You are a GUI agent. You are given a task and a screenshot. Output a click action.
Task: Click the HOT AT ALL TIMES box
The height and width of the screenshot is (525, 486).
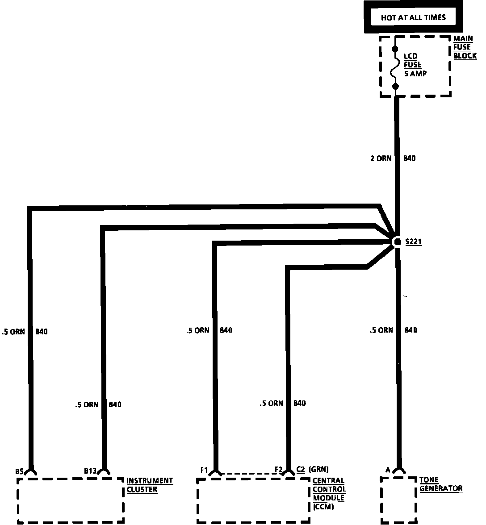tap(413, 17)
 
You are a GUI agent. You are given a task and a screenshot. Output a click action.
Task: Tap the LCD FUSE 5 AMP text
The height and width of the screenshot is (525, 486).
tap(415, 65)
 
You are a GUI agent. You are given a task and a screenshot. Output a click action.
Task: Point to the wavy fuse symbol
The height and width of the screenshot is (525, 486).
tap(395, 67)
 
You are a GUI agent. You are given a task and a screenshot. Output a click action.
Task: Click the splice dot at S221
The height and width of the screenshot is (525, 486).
tap(397, 242)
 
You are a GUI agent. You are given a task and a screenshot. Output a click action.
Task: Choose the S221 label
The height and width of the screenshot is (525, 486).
tap(414, 242)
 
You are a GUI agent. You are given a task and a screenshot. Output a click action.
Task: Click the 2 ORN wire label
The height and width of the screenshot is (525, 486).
tap(381, 158)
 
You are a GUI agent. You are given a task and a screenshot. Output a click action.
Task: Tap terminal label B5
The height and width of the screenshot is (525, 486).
tap(19, 471)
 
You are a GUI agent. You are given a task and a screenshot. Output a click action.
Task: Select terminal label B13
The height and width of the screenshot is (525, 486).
tap(90, 471)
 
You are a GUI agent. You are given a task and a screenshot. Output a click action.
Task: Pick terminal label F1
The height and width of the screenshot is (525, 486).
tap(205, 470)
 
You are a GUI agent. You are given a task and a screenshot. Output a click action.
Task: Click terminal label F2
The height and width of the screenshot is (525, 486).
tap(279, 469)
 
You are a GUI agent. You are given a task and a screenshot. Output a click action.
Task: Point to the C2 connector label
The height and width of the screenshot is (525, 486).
tap(300, 469)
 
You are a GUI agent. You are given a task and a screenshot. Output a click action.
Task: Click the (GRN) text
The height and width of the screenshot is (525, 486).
tap(318, 469)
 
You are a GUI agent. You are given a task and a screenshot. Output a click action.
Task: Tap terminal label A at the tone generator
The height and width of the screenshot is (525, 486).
tap(388, 470)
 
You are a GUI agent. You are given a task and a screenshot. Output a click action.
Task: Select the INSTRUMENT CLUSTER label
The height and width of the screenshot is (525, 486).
tap(149, 485)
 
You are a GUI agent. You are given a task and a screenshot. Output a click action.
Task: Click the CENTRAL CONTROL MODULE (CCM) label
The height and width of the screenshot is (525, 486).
tap(329, 493)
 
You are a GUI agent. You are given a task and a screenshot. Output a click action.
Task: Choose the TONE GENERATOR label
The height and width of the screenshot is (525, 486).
tap(440, 484)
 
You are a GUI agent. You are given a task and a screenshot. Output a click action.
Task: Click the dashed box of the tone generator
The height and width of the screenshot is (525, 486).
tap(398, 500)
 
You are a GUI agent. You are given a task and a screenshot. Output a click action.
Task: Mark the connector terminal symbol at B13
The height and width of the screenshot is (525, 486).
tap(104, 471)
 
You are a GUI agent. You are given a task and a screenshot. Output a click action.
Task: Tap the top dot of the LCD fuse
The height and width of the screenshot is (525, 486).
tap(395, 48)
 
